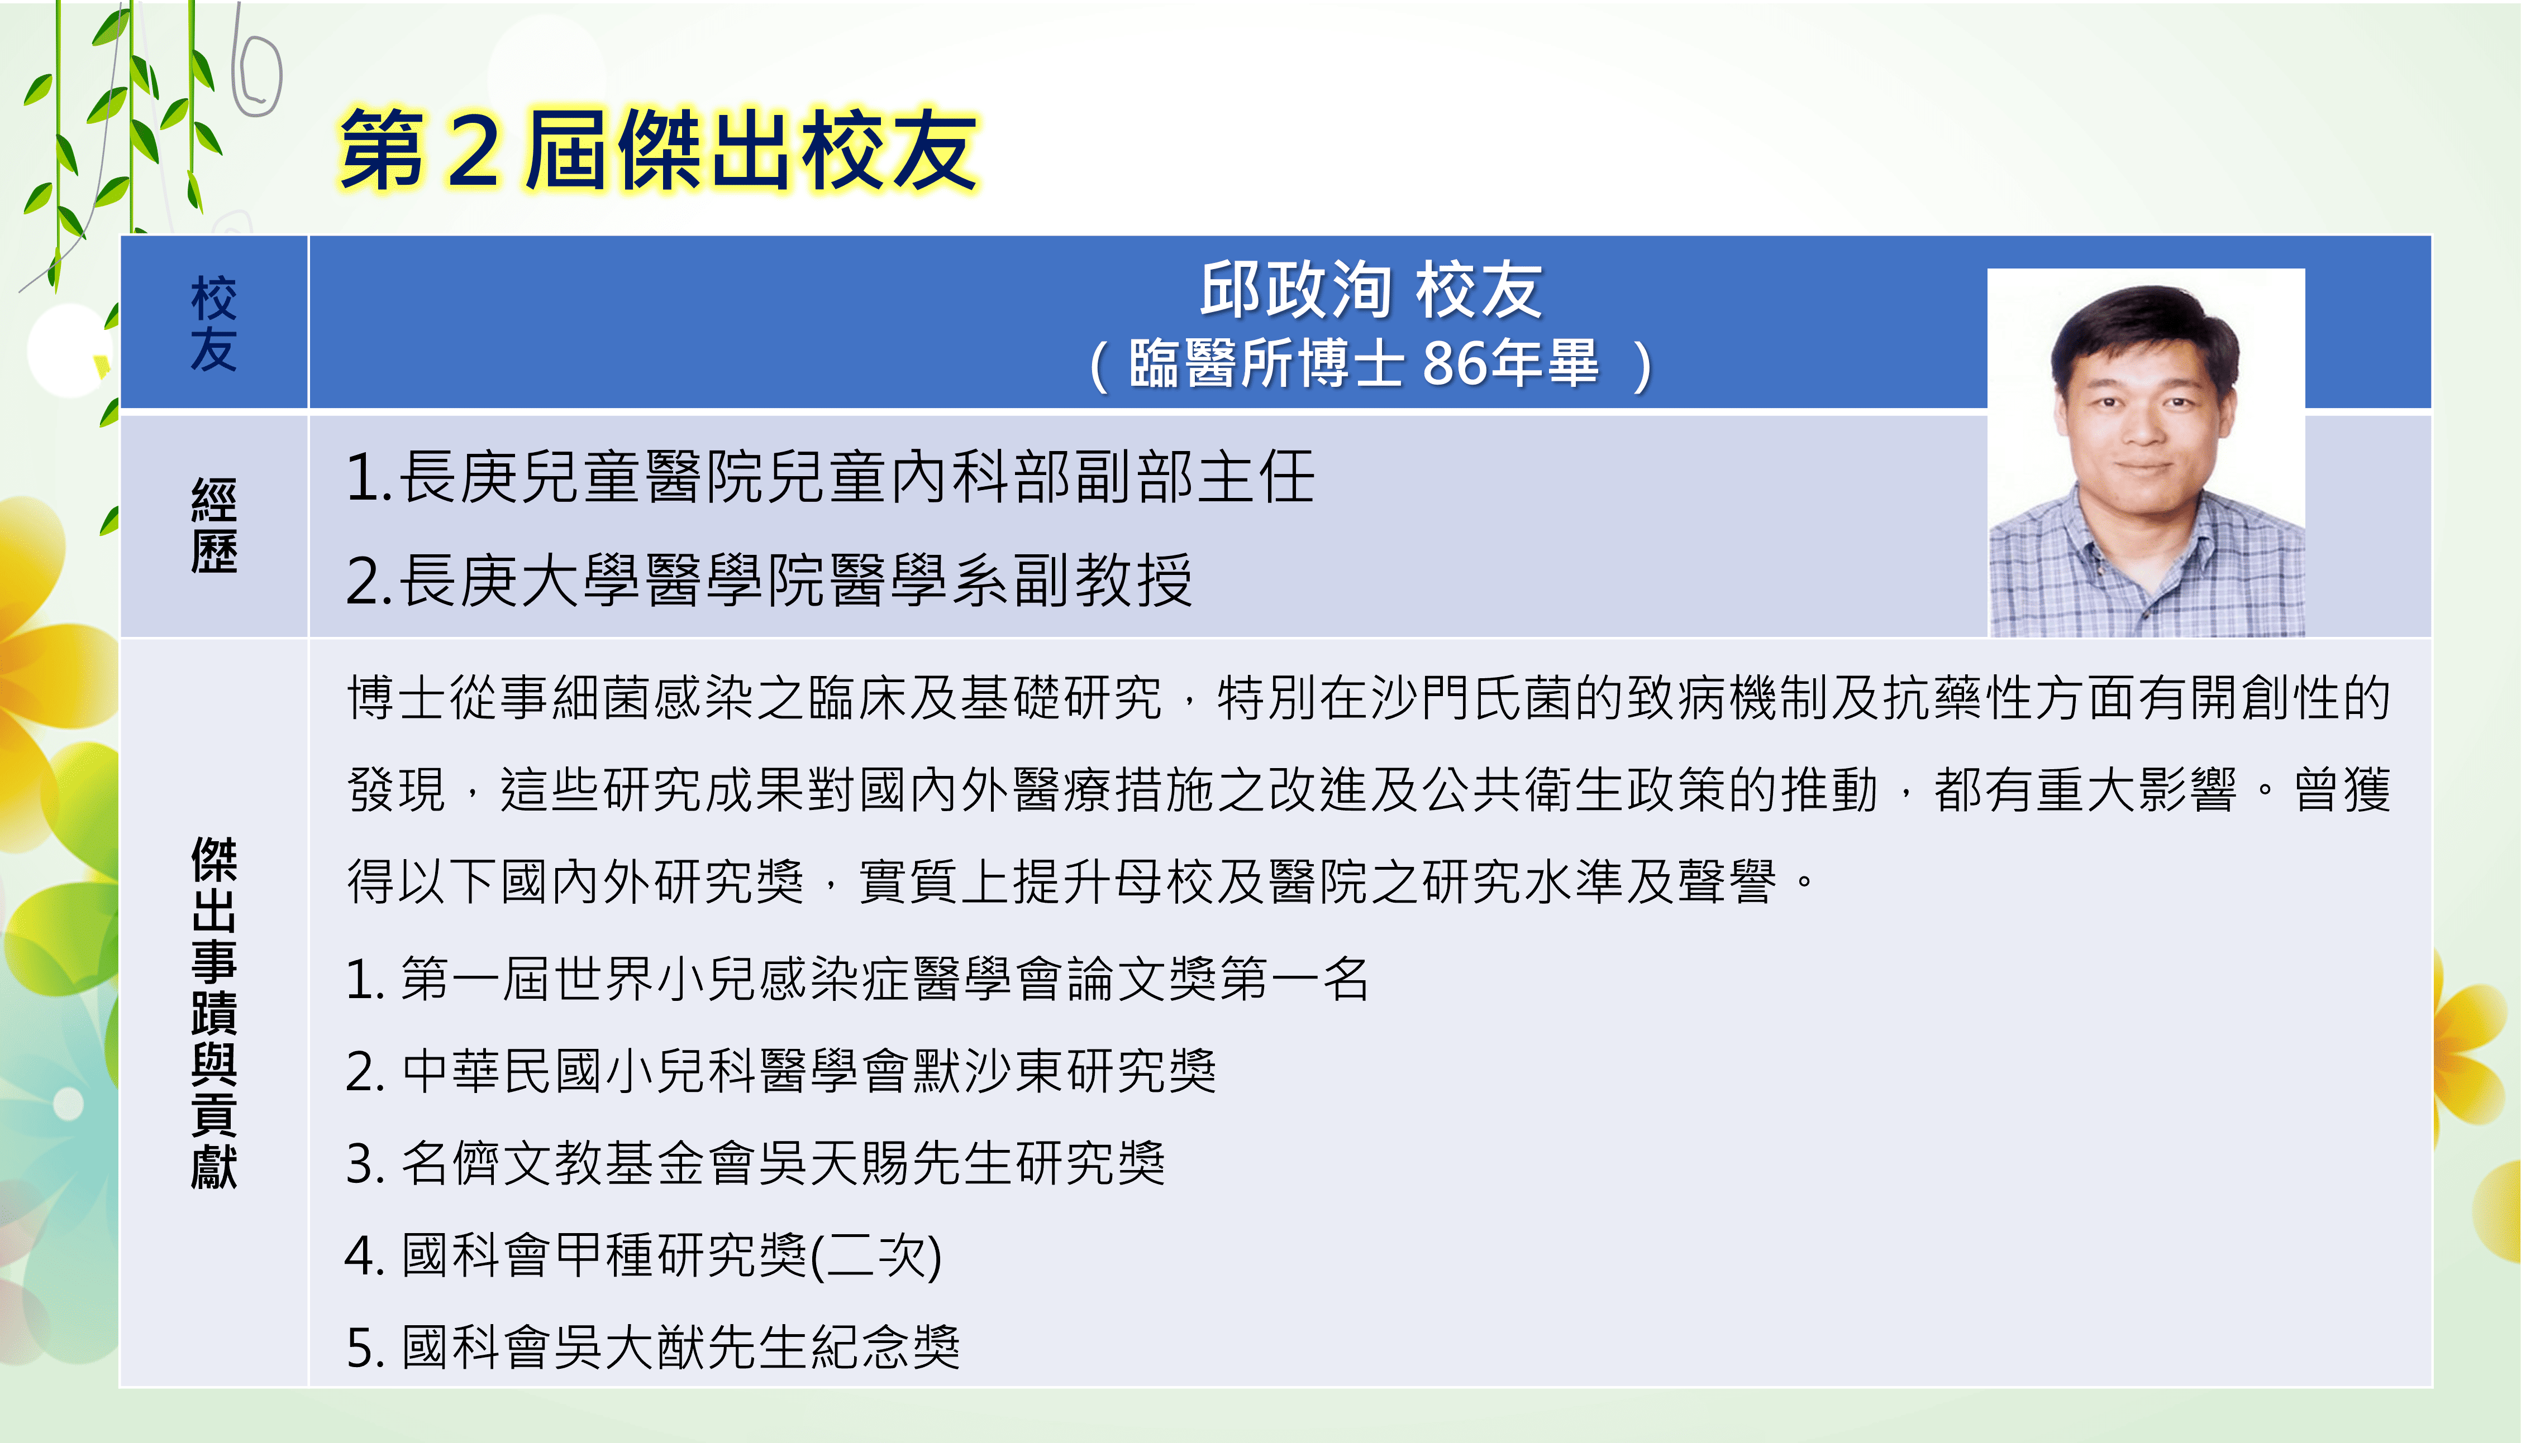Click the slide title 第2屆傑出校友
tap(658, 150)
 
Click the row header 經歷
tap(213, 525)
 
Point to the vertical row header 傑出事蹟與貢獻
tap(213, 1013)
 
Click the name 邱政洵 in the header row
tap(1296, 290)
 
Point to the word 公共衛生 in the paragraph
tap(1524, 790)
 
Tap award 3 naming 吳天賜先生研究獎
tap(755, 1163)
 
